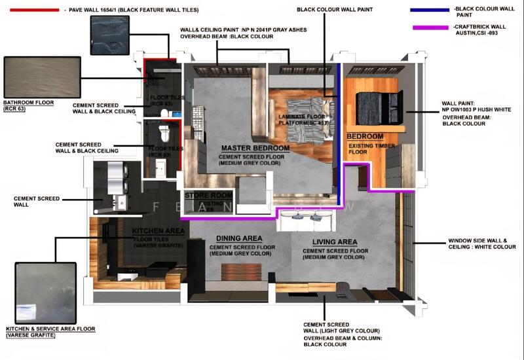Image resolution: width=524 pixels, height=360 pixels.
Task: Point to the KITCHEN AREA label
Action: tap(159, 231)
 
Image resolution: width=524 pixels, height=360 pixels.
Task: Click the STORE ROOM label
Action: tap(208, 195)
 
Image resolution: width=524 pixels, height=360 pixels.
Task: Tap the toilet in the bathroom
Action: tap(165, 133)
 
